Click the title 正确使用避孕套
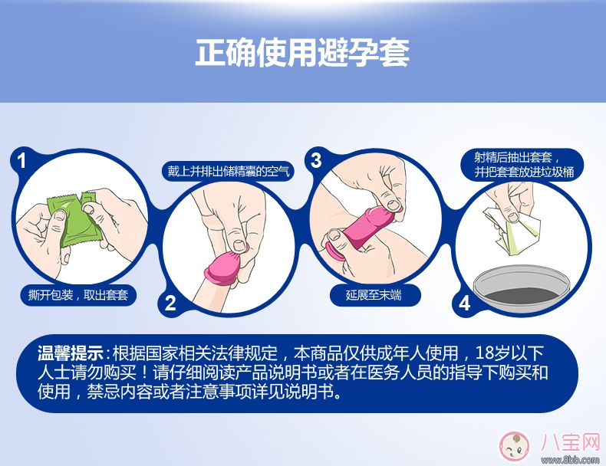(x=302, y=51)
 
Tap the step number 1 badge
(x=21, y=160)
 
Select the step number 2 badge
(x=170, y=302)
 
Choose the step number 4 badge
(x=463, y=302)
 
